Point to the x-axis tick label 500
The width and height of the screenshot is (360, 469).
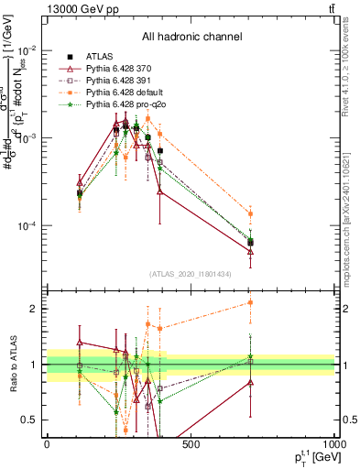191,445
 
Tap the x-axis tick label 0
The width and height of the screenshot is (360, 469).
47,445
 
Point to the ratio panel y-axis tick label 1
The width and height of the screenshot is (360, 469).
34,365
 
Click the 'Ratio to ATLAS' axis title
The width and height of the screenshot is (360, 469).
12,365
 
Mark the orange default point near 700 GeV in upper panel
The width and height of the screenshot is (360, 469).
250,214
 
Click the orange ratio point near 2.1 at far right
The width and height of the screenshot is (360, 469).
250,302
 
